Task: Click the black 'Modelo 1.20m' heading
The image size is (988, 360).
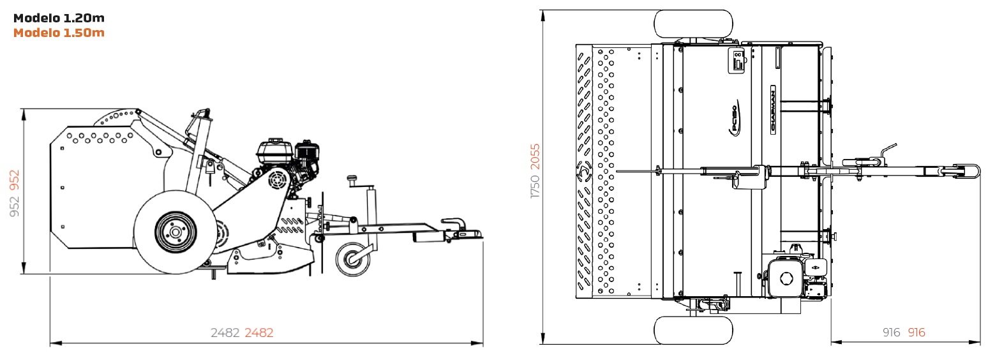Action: click(x=59, y=18)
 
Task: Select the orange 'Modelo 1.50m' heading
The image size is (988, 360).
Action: click(x=59, y=33)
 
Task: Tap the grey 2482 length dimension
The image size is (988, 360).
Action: click(x=225, y=333)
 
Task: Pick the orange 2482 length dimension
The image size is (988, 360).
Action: click(x=259, y=333)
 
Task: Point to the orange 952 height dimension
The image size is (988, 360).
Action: click(x=15, y=180)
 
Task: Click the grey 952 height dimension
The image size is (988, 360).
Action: click(x=15, y=206)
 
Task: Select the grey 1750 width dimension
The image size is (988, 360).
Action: click(x=535, y=186)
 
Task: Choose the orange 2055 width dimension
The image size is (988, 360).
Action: click(x=535, y=156)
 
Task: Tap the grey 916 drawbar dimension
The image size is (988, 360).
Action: click(x=892, y=332)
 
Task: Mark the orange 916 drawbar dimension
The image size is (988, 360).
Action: click(x=917, y=332)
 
